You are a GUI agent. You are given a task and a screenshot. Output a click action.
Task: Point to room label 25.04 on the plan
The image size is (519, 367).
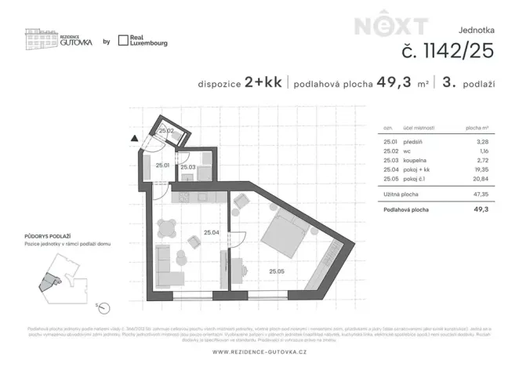point(211,232)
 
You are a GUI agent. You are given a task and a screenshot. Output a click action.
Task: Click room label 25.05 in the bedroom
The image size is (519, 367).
point(277,271)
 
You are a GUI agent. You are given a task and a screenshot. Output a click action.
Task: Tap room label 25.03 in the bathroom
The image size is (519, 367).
point(187,167)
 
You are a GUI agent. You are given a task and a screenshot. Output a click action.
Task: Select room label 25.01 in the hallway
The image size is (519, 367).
point(162,165)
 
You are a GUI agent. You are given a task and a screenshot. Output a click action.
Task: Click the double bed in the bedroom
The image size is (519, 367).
point(282,234)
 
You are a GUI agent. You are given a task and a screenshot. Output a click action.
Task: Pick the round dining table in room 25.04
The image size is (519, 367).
point(166,228)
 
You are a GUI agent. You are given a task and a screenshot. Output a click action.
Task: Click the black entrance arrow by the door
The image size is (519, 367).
point(135,138)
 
